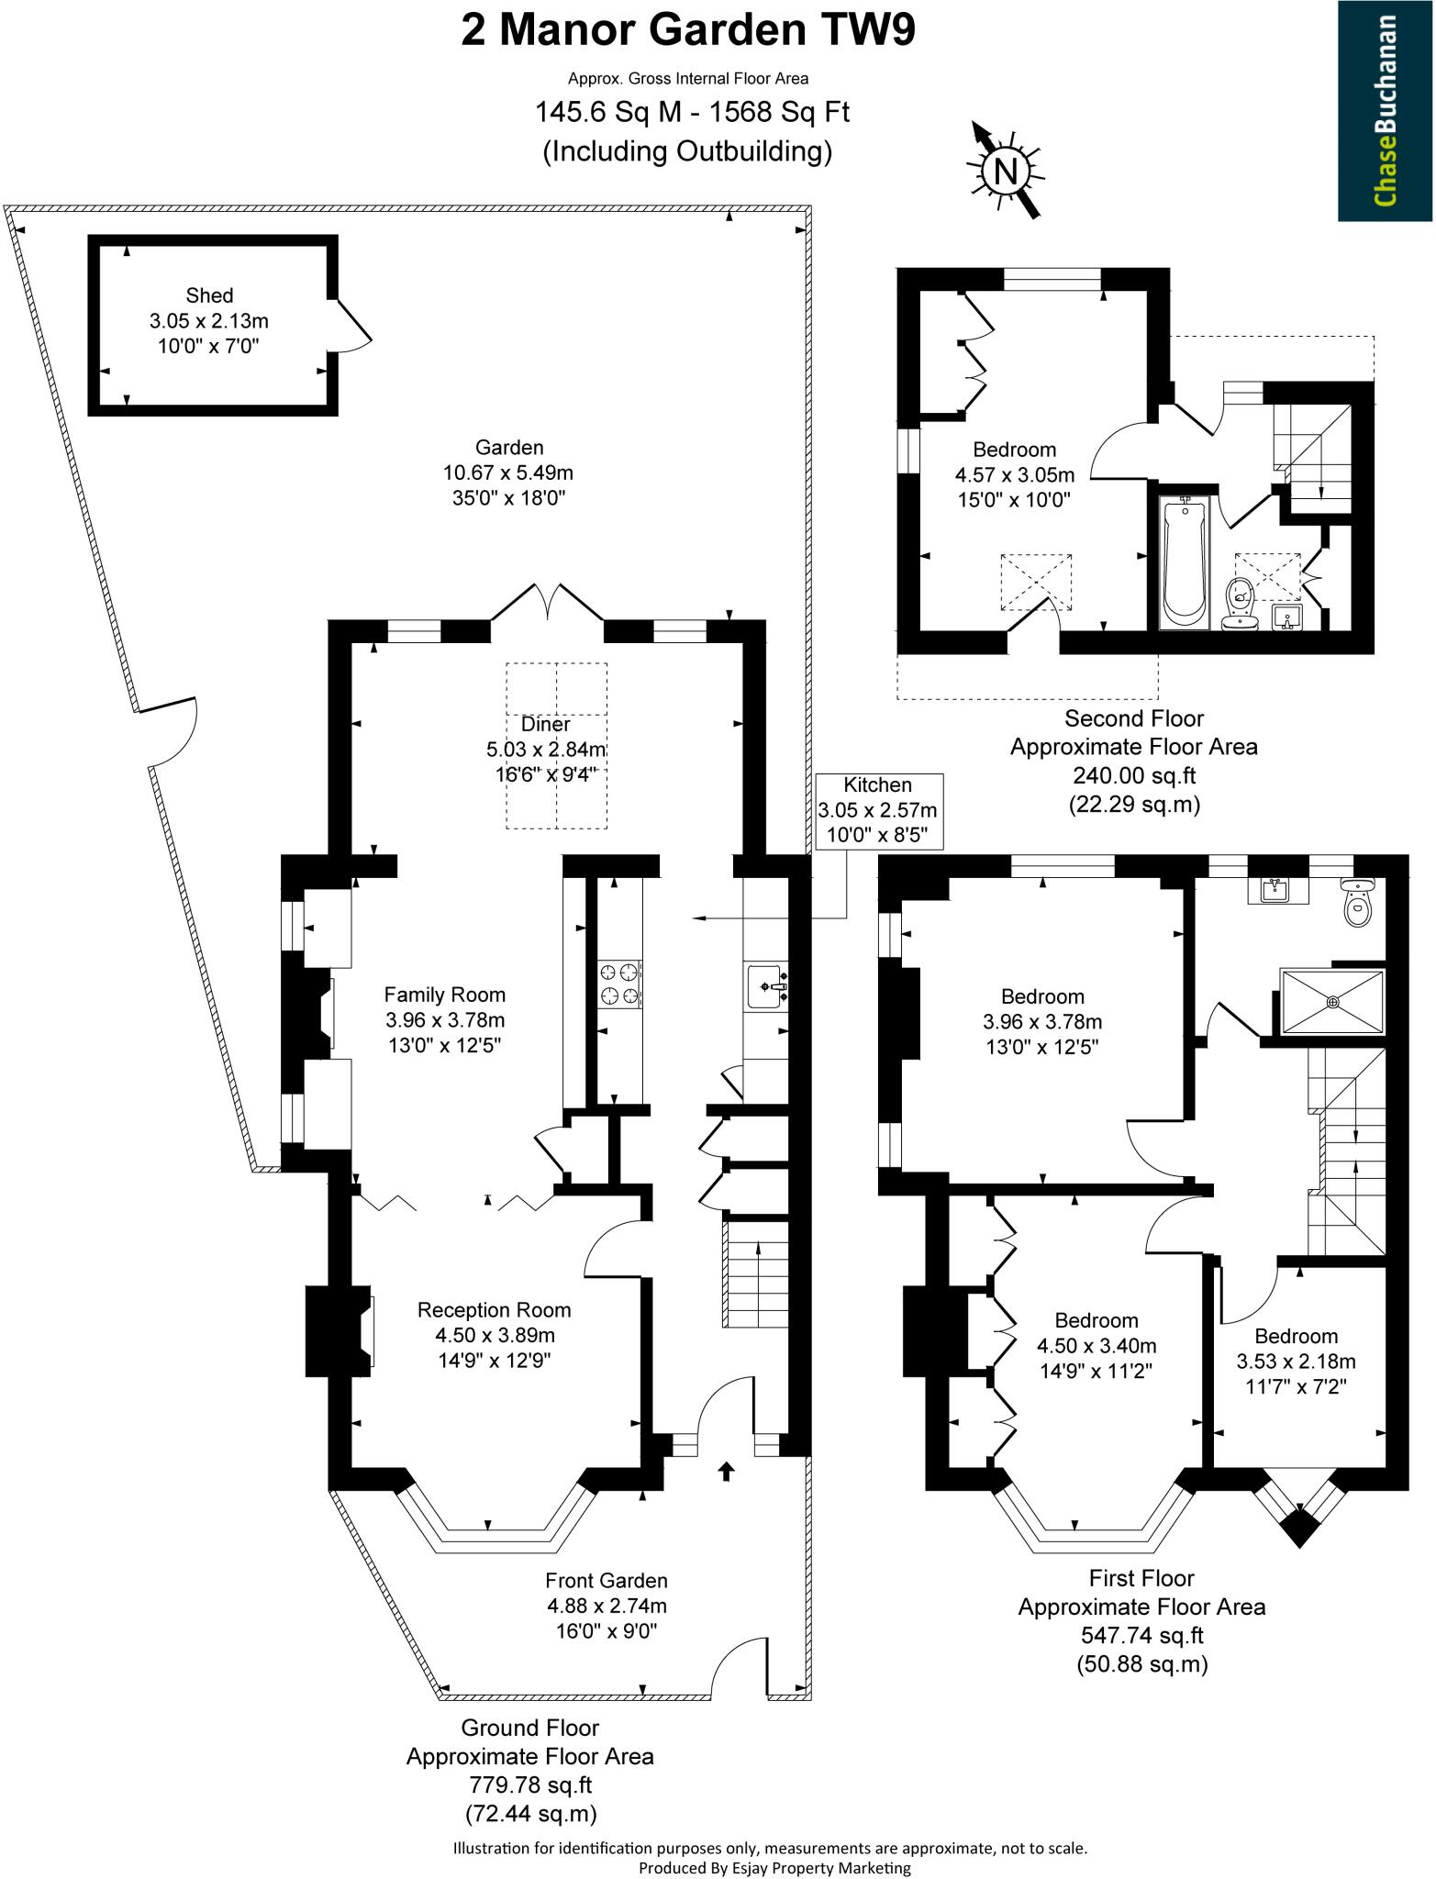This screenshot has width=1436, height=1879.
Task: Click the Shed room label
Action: (x=209, y=295)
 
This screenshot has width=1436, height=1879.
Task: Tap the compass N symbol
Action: (x=1006, y=171)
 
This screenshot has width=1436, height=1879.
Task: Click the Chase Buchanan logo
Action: (x=1386, y=110)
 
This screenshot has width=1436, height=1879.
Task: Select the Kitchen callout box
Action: (x=878, y=810)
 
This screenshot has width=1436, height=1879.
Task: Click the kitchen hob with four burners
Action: (x=618, y=984)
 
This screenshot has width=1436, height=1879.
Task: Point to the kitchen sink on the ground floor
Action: (x=767, y=986)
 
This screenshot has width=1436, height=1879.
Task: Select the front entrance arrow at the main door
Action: (x=726, y=1472)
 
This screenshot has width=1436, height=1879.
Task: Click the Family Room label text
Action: (x=444, y=995)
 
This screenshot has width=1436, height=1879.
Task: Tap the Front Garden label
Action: (x=607, y=1581)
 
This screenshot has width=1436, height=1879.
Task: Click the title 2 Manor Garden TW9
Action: (x=687, y=30)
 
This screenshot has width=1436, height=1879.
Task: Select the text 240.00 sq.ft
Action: (x=1134, y=775)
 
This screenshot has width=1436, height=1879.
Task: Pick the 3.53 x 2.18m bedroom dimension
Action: (x=1296, y=1362)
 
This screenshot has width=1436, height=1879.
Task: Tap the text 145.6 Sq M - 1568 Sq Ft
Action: (x=692, y=113)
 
